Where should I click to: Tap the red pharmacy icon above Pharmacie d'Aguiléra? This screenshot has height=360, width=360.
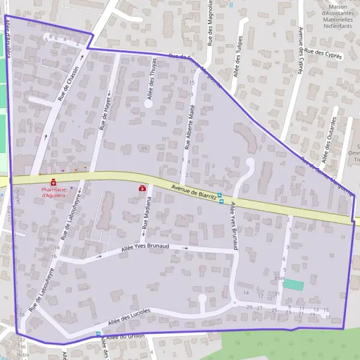53,182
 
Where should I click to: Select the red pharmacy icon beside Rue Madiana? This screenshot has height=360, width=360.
142,188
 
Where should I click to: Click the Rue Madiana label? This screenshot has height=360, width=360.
146,217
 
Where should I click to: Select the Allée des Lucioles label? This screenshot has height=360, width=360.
129,317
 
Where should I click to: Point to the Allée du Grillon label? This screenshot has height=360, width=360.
127,337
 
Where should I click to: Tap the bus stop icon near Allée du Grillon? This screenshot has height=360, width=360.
98,334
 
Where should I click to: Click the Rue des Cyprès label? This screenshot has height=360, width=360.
323,54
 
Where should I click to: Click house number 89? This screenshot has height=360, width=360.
143,148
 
